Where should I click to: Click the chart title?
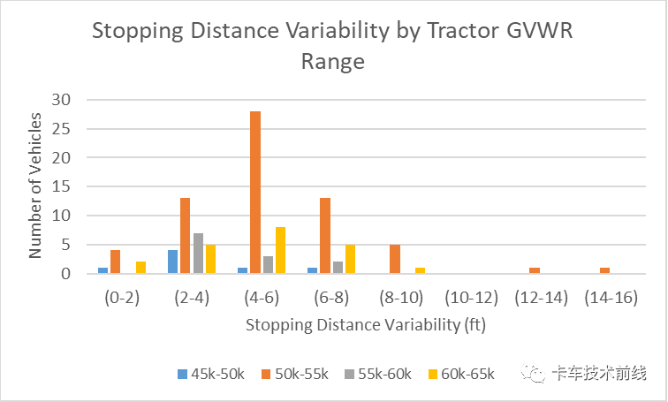333,47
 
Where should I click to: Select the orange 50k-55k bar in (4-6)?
254,193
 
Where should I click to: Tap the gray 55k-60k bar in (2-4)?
198,254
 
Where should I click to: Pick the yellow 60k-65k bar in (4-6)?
279,251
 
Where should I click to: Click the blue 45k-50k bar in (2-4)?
172,262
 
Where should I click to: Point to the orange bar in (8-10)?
394,259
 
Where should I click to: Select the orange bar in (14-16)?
603,270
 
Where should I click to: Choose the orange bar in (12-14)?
535,270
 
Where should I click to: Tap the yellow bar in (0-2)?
140,268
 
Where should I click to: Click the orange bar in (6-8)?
324,236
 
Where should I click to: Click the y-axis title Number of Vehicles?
35,185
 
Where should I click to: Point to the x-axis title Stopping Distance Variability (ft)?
367,324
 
